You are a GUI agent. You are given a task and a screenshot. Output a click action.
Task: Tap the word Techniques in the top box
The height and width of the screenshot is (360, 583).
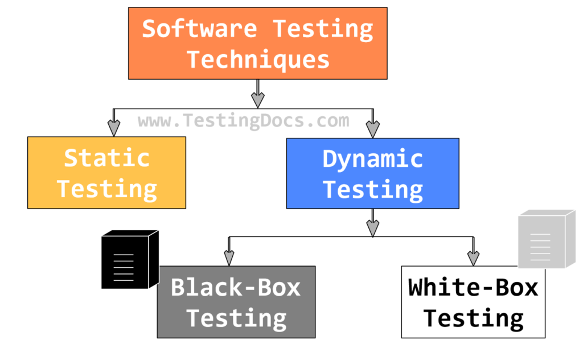(x=258, y=59)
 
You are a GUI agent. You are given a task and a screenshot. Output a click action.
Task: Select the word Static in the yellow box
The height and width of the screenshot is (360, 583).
(x=106, y=158)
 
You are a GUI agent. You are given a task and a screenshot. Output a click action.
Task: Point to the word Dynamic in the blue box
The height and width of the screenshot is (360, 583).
(x=373, y=159)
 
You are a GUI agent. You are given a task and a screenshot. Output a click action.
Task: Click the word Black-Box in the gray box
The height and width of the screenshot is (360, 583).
(x=236, y=288)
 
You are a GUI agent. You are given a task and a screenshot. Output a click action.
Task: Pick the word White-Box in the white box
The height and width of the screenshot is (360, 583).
(x=473, y=288)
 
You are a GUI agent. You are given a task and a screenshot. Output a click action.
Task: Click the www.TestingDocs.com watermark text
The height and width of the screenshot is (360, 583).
(x=243, y=121)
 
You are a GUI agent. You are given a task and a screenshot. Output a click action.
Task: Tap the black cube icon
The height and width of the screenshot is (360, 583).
(x=129, y=260)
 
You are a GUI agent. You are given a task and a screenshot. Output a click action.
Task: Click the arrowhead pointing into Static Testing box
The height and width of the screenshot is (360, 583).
(x=114, y=129)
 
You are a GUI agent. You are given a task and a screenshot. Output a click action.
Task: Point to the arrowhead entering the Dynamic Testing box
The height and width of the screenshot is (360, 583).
(x=373, y=130)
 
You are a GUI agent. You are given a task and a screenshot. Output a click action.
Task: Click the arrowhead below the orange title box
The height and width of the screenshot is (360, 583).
(x=258, y=100)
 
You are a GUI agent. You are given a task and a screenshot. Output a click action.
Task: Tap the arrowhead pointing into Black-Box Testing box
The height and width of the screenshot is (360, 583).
(x=229, y=259)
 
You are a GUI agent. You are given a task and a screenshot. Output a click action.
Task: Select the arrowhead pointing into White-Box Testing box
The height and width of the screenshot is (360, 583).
(x=473, y=259)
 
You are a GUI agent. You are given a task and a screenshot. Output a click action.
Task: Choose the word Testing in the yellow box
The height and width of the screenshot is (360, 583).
(x=106, y=189)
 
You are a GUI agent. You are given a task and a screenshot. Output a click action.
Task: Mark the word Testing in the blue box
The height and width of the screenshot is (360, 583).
(x=373, y=190)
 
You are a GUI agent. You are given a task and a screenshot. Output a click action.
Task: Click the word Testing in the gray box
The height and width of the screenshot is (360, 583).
(x=236, y=318)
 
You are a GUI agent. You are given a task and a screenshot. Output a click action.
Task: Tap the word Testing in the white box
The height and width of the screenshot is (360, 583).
(x=473, y=318)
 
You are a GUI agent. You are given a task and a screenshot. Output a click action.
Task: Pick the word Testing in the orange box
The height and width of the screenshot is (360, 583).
(x=322, y=29)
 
